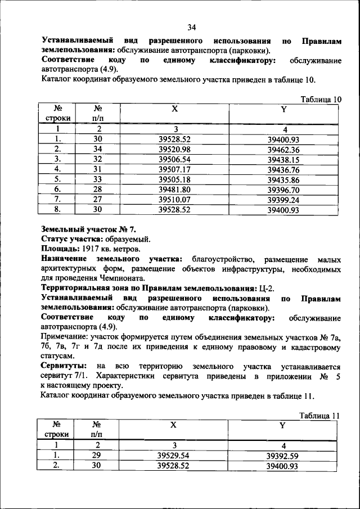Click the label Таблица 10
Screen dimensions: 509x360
tap(321, 99)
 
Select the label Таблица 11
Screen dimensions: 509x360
tap(320, 416)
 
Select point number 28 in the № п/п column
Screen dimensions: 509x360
tap(97, 190)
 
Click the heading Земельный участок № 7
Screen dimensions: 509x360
tap(88, 229)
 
